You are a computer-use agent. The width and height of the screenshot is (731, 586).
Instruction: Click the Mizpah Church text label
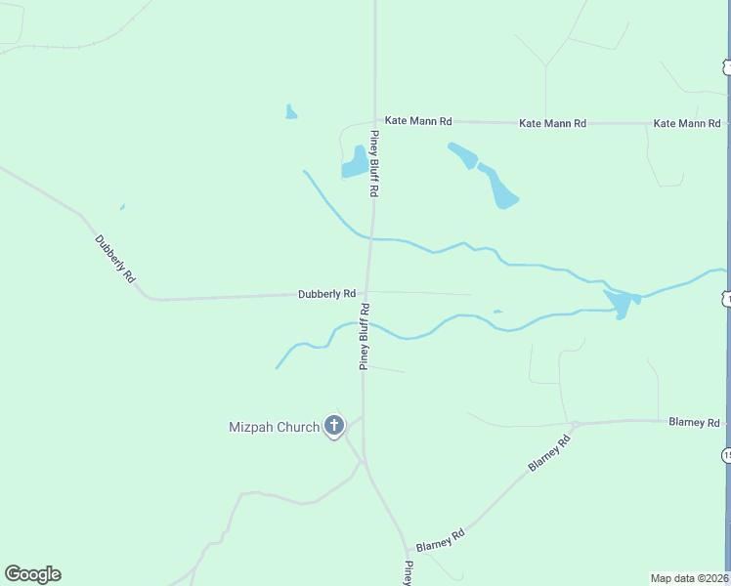click(274, 427)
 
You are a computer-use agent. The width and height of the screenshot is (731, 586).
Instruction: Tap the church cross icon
click(334, 425)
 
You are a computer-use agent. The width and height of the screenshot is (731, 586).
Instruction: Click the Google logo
click(32, 574)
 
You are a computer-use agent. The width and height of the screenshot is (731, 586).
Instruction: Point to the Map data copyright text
click(690, 578)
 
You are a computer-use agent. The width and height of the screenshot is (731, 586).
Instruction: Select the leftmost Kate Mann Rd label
click(418, 121)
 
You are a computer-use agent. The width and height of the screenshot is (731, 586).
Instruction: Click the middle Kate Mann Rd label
click(552, 123)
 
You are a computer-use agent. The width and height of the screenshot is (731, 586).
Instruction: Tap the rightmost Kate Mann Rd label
click(686, 123)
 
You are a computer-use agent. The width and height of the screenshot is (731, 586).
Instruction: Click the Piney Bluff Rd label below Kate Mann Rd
click(373, 164)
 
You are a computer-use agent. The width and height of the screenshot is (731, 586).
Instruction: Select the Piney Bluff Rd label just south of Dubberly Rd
click(364, 336)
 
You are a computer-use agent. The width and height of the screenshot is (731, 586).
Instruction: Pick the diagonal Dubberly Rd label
click(114, 259)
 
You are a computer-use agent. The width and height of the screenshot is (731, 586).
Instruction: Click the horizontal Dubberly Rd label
click(326, 293)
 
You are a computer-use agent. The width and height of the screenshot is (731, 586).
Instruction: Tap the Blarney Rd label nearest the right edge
click(694, 422)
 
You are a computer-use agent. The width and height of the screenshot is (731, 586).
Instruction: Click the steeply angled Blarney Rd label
click(549, 454)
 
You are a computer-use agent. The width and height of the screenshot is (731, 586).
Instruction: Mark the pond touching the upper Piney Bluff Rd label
click(355, 162)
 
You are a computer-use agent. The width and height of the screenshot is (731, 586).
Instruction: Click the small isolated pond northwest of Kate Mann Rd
click(290, 112)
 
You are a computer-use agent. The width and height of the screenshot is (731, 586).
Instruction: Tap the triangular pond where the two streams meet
click(621, 302)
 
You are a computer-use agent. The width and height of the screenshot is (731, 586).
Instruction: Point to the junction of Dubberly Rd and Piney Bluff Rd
click(367, 291)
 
